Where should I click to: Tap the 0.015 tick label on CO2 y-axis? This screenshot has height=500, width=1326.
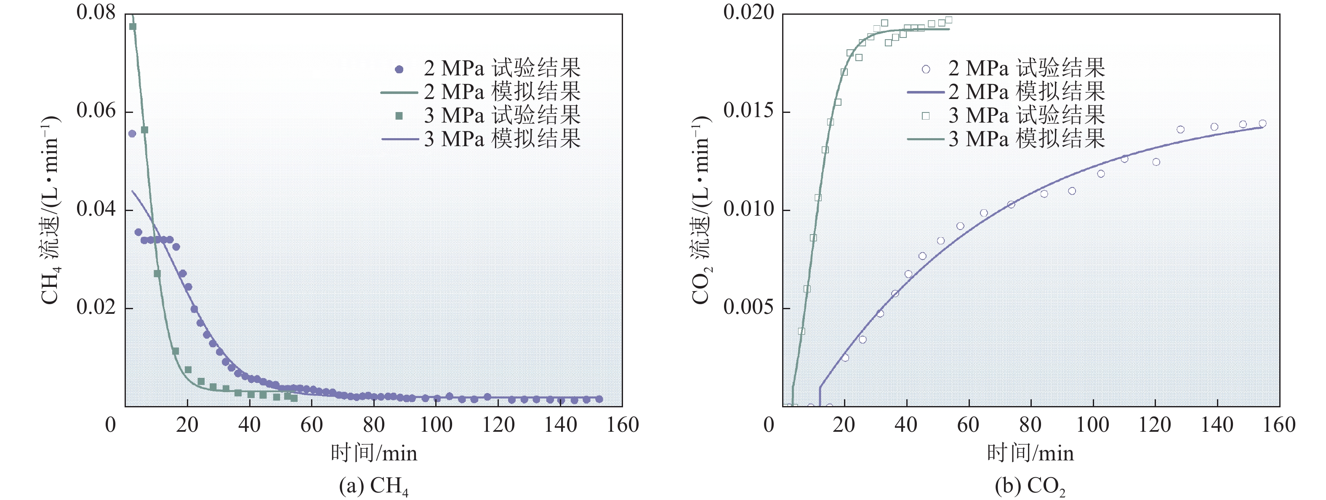click(x=748, y=111)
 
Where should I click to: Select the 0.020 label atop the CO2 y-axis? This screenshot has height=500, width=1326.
click(x=748, y=12)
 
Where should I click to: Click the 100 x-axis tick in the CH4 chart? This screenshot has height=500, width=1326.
click(x=436, y=425)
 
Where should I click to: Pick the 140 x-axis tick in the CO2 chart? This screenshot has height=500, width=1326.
click(x=1217, y=425)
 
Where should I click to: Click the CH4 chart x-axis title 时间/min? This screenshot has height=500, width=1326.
click(x=374, y=453)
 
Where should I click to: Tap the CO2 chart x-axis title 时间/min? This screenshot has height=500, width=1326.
click(x=1030, y=453)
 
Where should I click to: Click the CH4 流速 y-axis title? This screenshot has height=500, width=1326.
click(x=51, y=210)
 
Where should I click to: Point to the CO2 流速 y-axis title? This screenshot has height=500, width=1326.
click(x=701, y=210)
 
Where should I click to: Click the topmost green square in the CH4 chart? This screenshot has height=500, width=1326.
click(x=132, y=26)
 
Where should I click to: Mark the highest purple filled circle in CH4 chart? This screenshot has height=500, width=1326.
click(x=132, y=134)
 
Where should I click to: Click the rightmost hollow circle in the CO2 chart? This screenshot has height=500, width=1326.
click(x=1262, y=123)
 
